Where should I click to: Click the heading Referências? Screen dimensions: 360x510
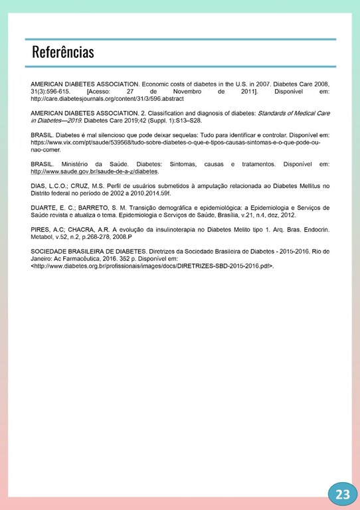(63, 52)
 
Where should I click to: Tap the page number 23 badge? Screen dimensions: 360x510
(343, 493)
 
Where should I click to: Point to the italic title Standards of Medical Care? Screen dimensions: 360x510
(293, 114)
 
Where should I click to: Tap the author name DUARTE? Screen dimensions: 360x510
(45, 208)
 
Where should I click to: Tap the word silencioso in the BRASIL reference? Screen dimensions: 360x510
(111, 135)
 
